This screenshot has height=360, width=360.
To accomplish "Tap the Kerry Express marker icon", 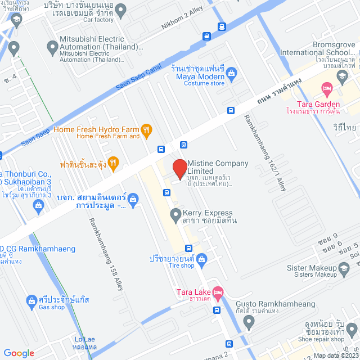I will coord(175,214).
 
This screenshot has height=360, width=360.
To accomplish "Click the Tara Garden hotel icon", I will coord(326,88).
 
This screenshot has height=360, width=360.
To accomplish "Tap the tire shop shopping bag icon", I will coord(204,259).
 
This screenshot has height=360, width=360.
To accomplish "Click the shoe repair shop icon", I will coord(352,329).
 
